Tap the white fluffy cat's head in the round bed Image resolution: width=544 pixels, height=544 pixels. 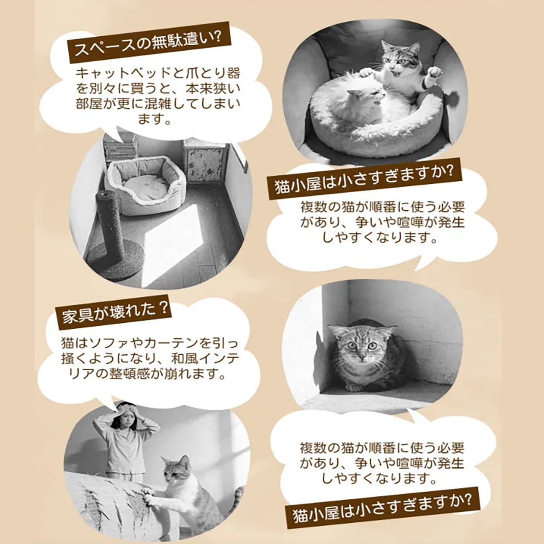(364, 97)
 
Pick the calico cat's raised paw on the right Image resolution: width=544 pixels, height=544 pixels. (435, 74)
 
